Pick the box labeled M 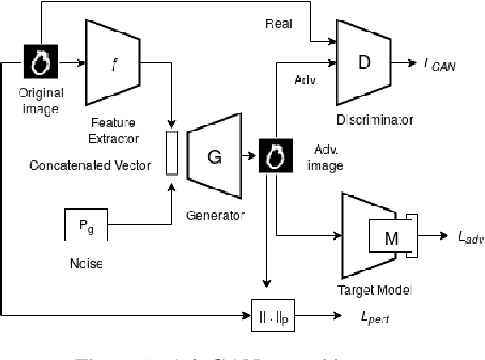click(x=389, y=238)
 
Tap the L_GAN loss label click(x=441, y=65)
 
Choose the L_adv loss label click(x=465, y=240)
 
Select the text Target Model click(x=377, y=290)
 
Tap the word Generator click(x=214, y=216)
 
